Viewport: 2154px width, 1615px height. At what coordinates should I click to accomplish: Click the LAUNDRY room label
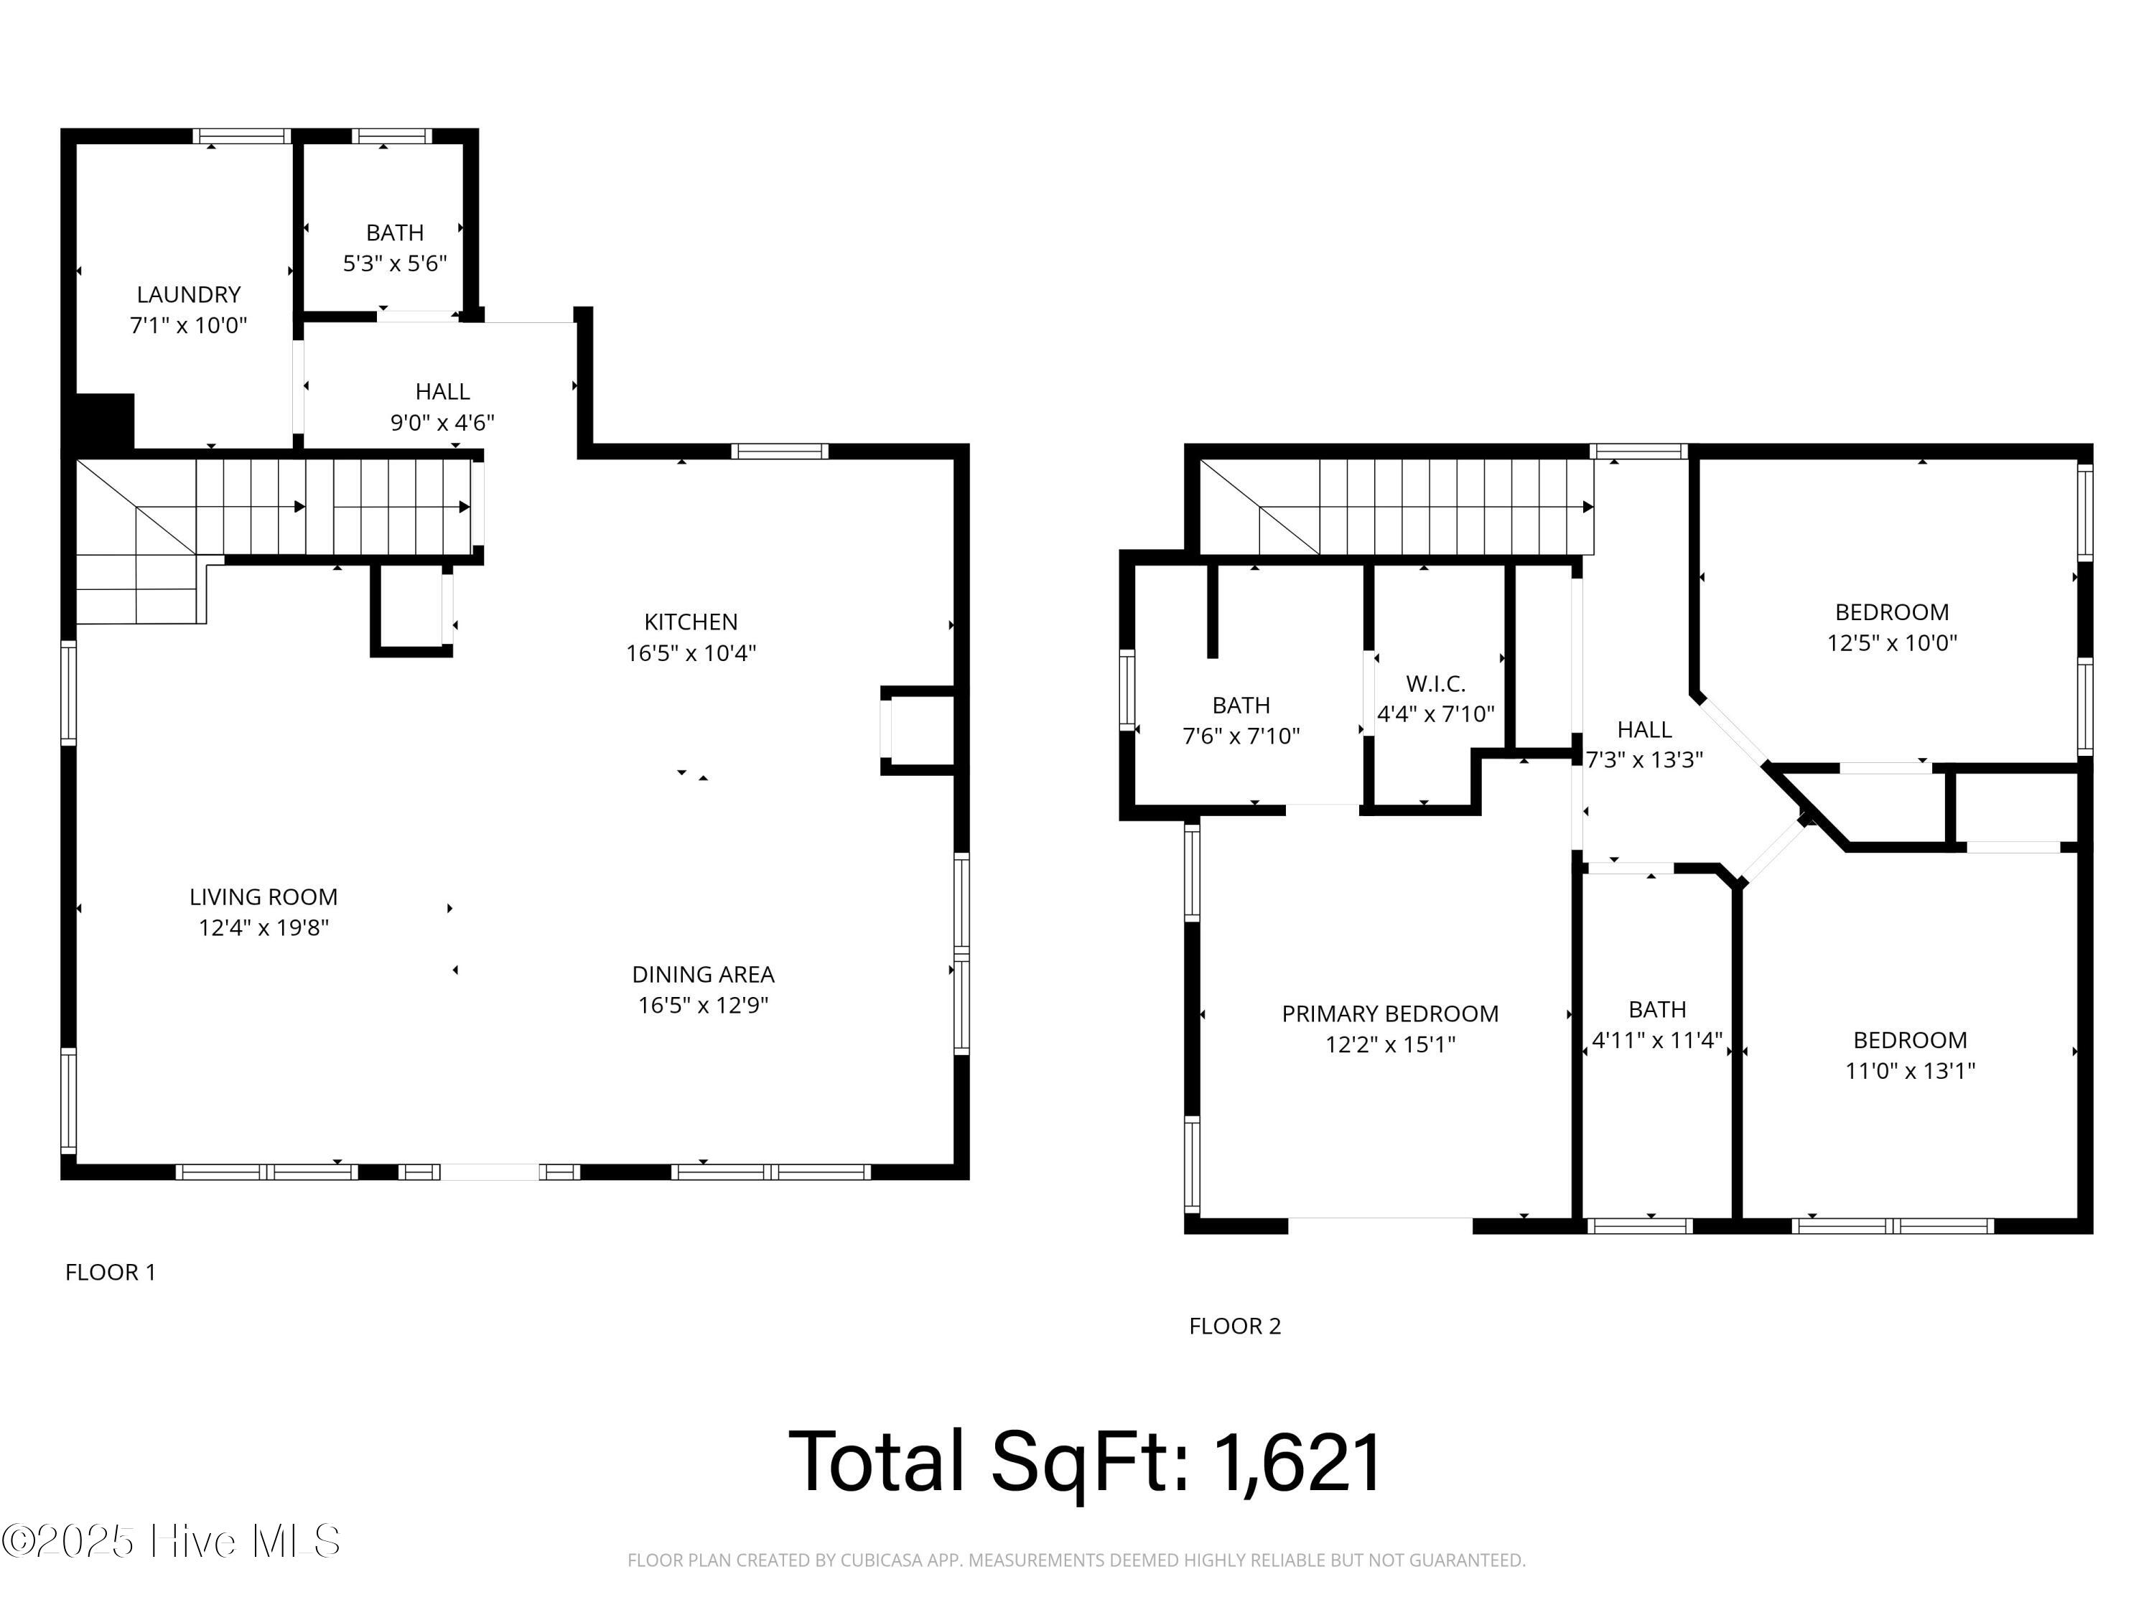(188, 294)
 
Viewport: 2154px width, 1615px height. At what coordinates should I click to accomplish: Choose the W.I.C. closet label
(1435, 683)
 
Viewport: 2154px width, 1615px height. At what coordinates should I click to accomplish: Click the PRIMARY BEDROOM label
(1389, 1014)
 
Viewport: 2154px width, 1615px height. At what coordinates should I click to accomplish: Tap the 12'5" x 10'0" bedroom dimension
(1891, 642)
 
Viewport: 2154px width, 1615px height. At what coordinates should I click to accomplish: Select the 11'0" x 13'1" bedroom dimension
(1910, 1071)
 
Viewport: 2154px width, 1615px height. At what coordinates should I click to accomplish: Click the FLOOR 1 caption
(110, 1273)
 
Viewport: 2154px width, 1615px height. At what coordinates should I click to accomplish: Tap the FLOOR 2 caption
(1235, 1326)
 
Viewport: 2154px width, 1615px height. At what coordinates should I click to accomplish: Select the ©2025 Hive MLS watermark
(170, 1541)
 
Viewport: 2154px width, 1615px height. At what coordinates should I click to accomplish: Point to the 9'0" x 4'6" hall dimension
(442, 423)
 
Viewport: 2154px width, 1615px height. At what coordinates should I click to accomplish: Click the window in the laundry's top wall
(241, 136)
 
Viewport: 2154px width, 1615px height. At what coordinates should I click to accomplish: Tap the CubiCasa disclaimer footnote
(1076, 1560)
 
